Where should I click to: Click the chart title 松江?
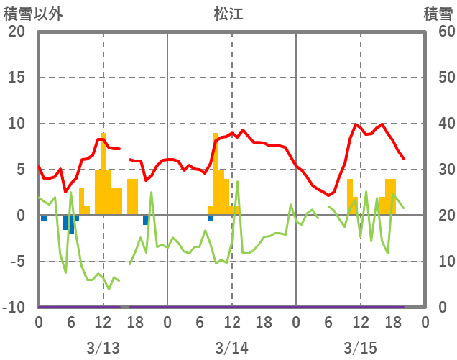pyautogui.click(x=228, y=14)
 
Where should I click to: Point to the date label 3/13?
pyautogui.click(x=103, y=348)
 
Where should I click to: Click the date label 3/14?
pyautogui.click(x=231, y=348)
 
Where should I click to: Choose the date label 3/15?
pyautogui.click(x=360, y=348)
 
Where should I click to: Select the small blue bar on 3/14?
pyautogui.click(x=211, y=218)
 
